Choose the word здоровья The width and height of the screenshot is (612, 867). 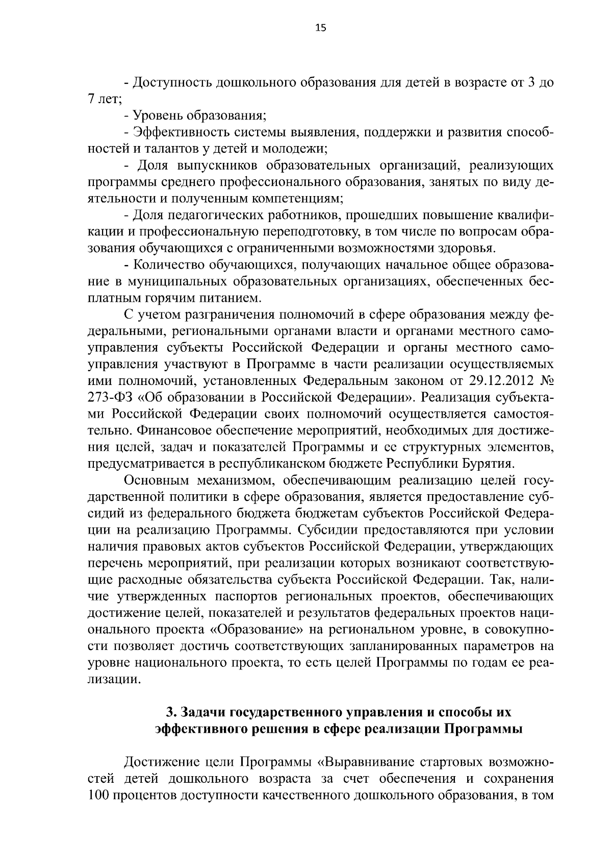click(472, 249)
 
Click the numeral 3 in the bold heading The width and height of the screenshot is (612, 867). click(170, 713)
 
